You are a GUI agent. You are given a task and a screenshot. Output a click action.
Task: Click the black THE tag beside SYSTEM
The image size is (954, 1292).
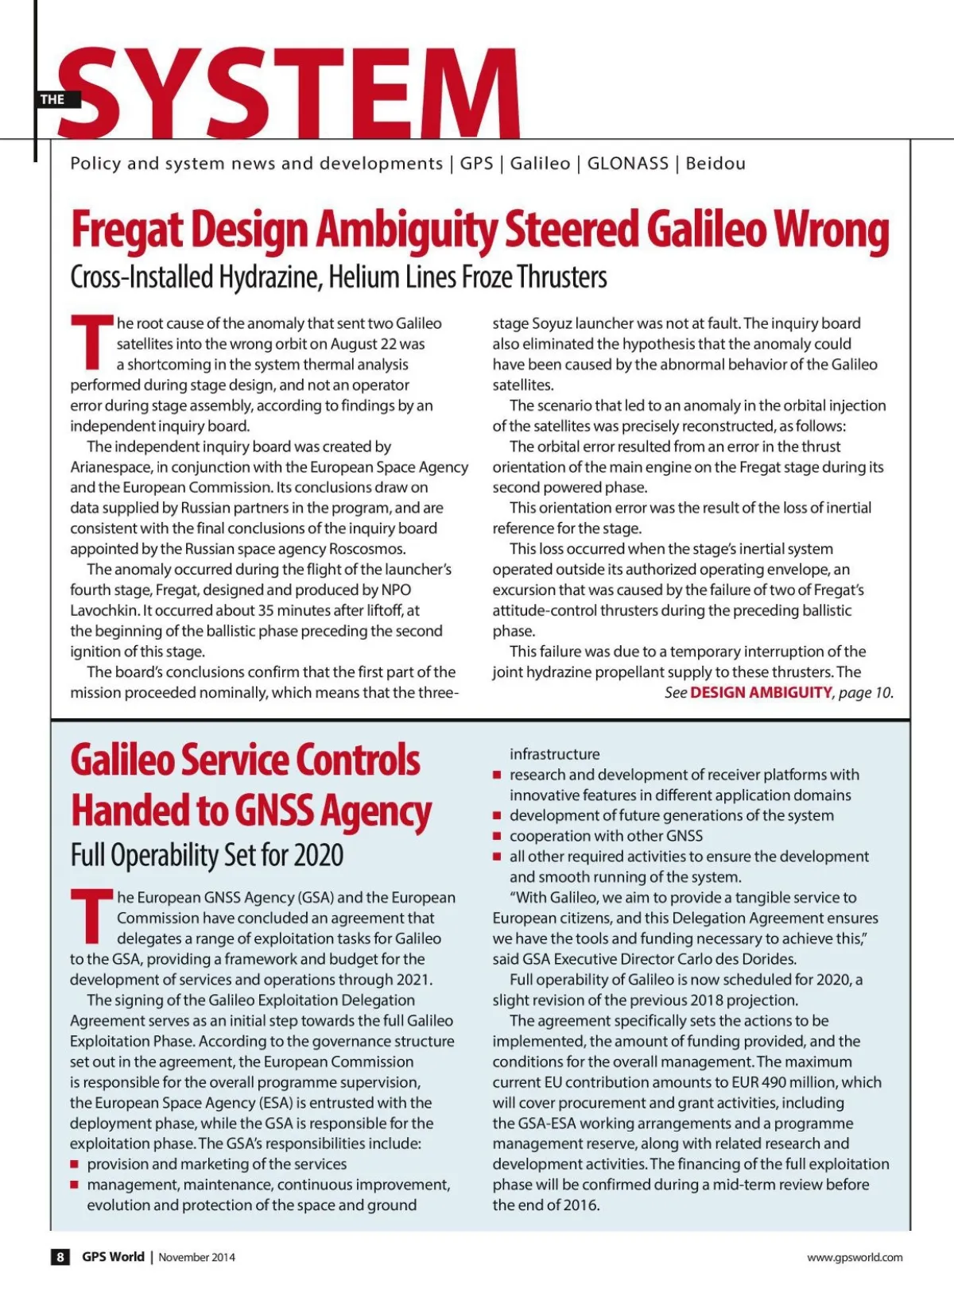click(x=53, y=99)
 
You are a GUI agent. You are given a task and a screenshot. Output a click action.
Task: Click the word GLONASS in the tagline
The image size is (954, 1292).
click(x=627, y=164)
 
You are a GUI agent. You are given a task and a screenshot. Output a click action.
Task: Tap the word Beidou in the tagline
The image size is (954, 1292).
click(x=715, y=164)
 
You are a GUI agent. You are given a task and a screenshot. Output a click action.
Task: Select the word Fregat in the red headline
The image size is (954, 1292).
click(x=127, y=230)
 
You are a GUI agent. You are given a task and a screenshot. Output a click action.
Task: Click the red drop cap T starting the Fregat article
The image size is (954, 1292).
click(x=91, y=342)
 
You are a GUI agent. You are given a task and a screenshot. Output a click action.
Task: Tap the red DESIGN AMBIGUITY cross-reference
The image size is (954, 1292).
click(x=760, y=693)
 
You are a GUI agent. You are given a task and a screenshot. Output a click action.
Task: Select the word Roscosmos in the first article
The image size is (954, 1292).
click(x=367, y=549)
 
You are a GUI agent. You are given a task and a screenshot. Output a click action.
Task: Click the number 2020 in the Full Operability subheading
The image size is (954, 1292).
click(x=318, y=856)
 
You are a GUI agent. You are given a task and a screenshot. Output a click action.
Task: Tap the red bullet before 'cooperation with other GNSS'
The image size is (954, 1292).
click(x=497, y=837)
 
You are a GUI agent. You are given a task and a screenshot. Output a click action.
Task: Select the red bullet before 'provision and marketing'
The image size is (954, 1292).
click(x=75, y=1165)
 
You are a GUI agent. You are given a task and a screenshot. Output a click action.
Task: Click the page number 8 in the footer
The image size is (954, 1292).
click(x=60, y=1257)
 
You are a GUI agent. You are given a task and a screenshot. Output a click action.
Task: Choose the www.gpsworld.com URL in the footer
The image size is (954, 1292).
click(x=855, y=1257)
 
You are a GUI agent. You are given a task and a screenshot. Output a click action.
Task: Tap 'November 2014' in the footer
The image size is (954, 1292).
click(x=196, y=1257)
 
